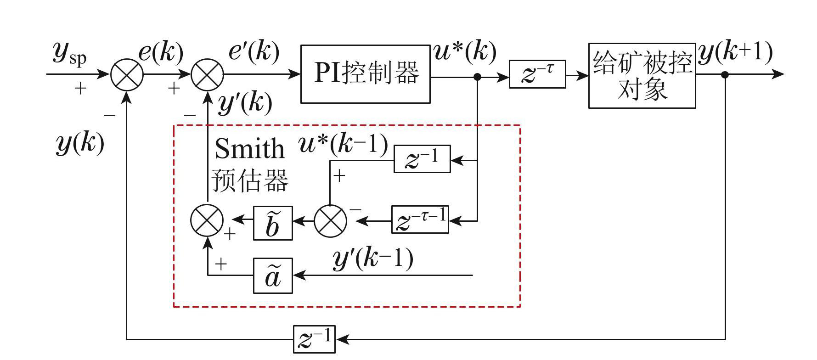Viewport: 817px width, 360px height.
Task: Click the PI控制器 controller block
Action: click(x=365, y=74)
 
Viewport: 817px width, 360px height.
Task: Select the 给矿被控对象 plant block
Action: click(x=642, y=76)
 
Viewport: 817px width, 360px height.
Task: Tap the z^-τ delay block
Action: click(x=537, y=74)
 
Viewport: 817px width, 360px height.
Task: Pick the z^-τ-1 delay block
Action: click(x=420, y=220)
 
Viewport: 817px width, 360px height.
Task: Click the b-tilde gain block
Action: click(x=273, y=223)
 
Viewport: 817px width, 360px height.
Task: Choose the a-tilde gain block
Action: click(x=273, y=276)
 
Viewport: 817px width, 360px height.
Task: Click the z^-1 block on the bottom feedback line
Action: click(x=314, y=339)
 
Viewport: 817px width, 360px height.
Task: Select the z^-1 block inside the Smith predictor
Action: click(x=422, y=159)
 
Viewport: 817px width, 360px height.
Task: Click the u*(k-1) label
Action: click(x=343, y=145)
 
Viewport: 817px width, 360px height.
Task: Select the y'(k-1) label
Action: click(x=372, y=259)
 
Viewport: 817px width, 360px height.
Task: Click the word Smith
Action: click(x=249, y=148)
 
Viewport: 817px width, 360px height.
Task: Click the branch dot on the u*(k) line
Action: click(x=477, y=77)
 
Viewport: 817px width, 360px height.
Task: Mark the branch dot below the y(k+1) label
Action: click(x=725, y=74)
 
